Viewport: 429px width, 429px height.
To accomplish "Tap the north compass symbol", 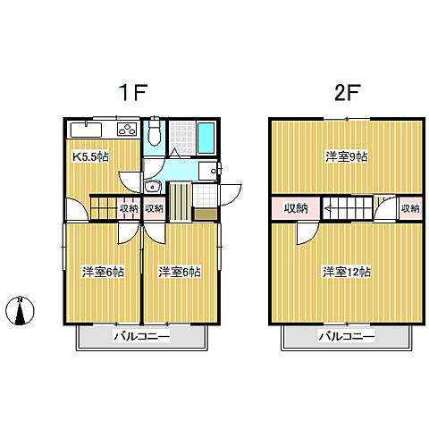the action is click(x=20, y=310).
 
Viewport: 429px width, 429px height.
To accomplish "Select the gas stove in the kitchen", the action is click(x=127, y=130).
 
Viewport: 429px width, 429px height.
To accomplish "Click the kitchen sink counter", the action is click(x=86, y=130).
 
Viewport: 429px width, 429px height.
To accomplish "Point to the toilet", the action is click(x=154, y=130).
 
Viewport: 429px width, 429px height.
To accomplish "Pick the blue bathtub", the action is click(x=206, y=138).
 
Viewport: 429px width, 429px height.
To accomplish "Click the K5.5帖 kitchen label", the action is click(x=91, y=157).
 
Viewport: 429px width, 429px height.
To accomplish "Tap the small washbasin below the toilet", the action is click(x=153, y=187).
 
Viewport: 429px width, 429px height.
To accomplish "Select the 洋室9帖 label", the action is click(x=346, y=157).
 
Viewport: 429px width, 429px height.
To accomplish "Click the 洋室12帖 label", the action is click(x=347, y=273).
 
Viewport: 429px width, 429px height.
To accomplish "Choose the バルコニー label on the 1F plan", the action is click(x=142, y=337).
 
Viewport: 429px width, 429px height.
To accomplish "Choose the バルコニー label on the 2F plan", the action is click(x=347, y=337).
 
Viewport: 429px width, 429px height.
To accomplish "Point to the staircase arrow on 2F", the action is click(x=330, y=208).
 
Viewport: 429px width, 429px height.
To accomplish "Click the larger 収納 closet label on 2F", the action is click(x=296, y=208).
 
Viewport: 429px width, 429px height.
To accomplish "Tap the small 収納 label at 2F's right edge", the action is click(x=410, y=208).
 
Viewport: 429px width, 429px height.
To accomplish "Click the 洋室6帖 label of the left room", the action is click(x=103, y=273).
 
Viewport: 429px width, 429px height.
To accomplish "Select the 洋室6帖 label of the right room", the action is click(x=180, y=273).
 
